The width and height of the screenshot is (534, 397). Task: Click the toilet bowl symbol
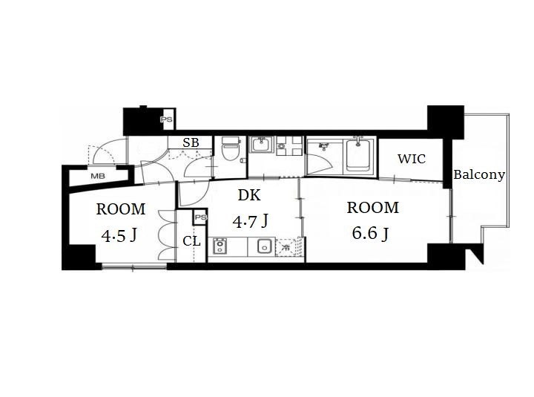[x=231, y=149]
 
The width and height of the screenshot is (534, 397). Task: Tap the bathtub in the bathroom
[x=358, y=156]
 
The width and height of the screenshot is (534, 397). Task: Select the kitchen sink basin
[x=264, y=246]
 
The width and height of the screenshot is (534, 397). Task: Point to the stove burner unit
[x=220, y=246]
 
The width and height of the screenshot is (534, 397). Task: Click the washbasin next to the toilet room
[x=262, y=145]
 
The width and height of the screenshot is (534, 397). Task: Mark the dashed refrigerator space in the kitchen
[x=289, y=246]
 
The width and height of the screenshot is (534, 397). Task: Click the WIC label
[x=412, y=159]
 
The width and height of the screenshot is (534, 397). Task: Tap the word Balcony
[x=479, y=175]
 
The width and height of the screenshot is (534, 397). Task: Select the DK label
[x=249, y=195]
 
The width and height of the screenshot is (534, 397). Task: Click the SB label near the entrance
[x=191, y=142]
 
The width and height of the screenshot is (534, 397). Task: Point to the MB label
[x=98, y=176]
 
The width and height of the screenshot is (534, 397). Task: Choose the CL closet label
[x=192, y=241]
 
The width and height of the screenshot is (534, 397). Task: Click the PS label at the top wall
[x=167, y=119]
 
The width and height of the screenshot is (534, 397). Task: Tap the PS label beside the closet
[x=201, y=217]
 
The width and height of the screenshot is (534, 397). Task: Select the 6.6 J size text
[x=370, y=234]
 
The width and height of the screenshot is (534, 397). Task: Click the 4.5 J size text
[x=119, y=235]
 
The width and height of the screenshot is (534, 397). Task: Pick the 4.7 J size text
[x=251, y=221]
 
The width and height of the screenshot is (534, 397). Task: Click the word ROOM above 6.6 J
[x=373, y=208]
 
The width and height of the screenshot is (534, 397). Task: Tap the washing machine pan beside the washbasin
[x=289, y=146]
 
